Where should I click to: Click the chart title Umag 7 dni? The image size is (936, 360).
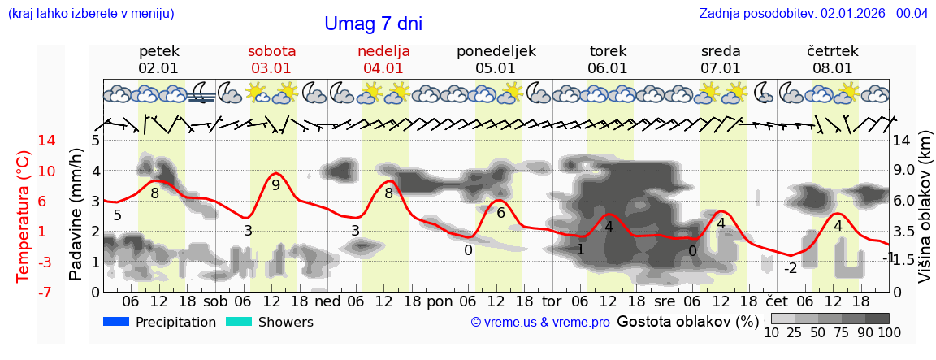[x=373, y=24]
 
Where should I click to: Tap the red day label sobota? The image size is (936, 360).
[x=271, y=51]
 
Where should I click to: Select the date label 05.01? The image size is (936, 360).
[x=496, y=68]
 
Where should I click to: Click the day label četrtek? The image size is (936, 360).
[x=832, y=51]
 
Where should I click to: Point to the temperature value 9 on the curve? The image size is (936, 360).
[x=275, y=184]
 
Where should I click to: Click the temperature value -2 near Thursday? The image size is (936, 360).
[x=790, y=268]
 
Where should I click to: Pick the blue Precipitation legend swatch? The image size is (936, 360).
[x=117, y=322]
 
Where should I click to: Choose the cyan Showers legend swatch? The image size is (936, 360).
[x=239, y=322]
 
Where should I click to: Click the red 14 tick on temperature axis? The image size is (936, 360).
[x=24, y=141]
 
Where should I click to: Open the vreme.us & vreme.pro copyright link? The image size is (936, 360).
[x=540, y=323]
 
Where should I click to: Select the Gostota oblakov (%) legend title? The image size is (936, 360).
[x=687, y=321]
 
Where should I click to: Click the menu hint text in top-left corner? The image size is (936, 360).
[x=91, y=14]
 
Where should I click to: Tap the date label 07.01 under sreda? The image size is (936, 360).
[x=721, y=68]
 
